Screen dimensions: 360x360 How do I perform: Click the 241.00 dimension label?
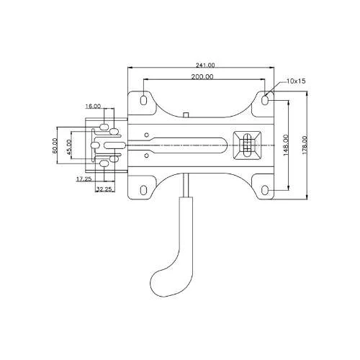(205, 65)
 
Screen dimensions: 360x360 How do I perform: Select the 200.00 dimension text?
(202, 77)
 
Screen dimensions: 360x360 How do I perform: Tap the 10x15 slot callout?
(296, 81)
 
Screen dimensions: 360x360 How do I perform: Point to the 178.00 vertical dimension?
(305, 145)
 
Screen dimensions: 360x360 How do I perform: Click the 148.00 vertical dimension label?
(286, 145)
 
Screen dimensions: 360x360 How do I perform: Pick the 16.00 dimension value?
(93, 106)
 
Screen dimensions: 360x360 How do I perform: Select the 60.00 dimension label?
(55, 145)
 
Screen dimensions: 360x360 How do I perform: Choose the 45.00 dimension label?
(69, 147)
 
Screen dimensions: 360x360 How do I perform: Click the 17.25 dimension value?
(84, 179)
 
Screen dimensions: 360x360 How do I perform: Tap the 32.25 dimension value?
(104, 189)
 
